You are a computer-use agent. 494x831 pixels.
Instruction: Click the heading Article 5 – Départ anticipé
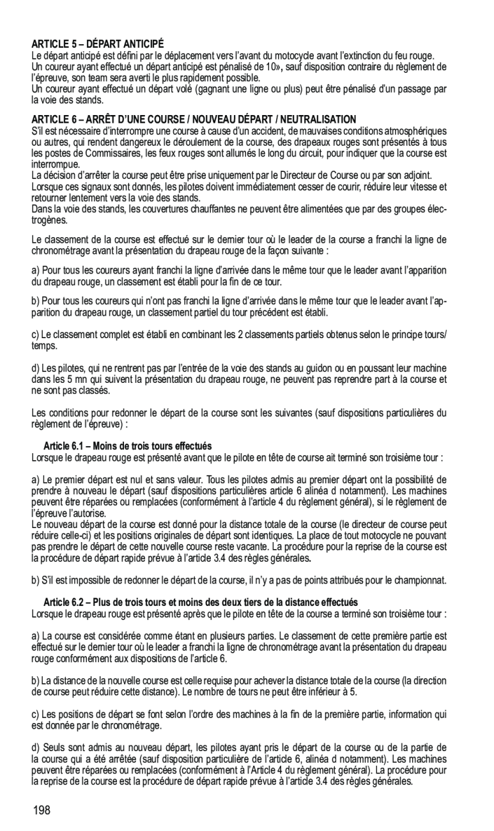pyautogui.click(x=98, y=44)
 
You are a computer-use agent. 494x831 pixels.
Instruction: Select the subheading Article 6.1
pyautogui.click(x=127, y=446)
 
